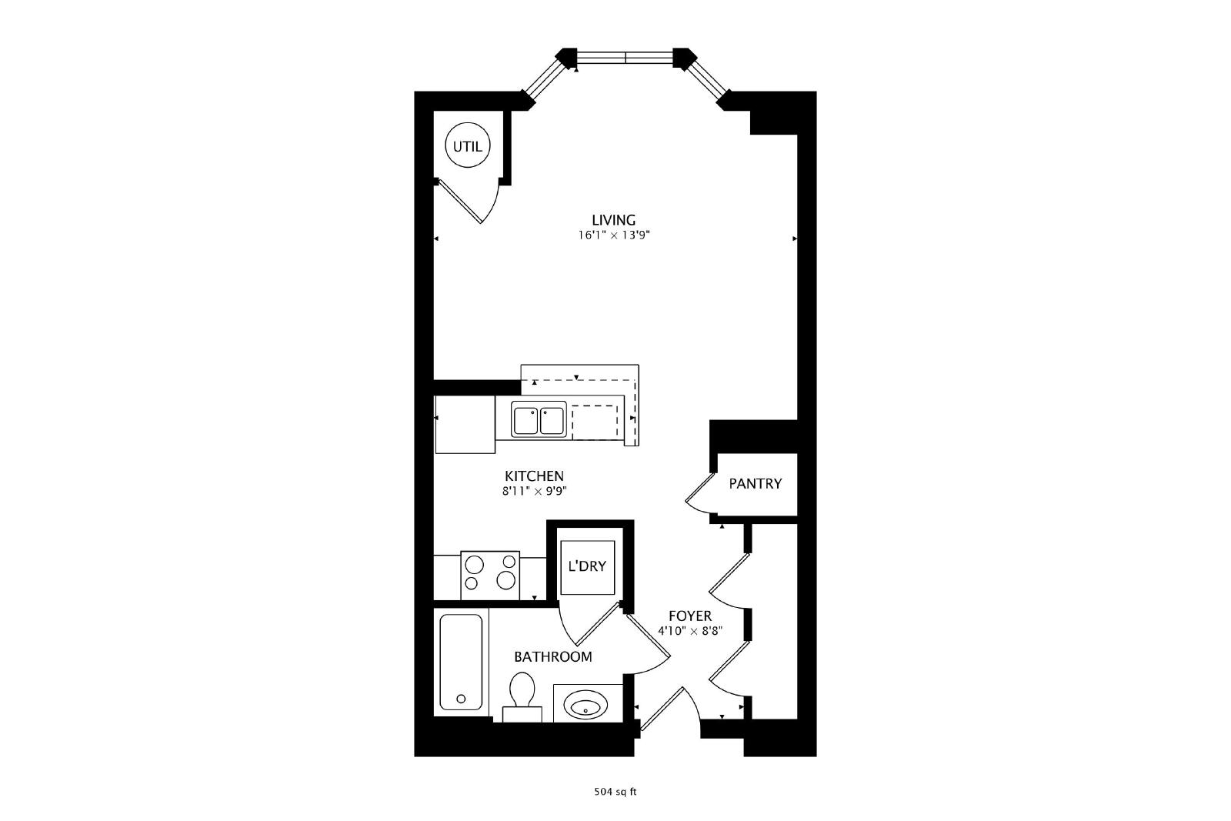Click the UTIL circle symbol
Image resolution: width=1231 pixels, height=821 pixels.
(x=467, y=145)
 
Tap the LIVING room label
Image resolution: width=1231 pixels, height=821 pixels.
(x=614, y=220)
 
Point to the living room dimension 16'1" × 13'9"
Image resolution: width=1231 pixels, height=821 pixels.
(x=614, y=235)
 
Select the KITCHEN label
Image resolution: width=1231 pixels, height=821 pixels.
(x=534, y=476)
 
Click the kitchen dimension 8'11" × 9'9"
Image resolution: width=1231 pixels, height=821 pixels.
(x=534, y=491)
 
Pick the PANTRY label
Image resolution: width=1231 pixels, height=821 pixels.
(x=755, y=483)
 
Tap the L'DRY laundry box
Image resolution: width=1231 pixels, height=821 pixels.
(x=587, y=567)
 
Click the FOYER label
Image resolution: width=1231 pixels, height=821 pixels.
(x=690, y=616)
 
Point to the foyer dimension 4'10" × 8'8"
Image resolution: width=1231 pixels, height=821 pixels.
(x=690, y=632)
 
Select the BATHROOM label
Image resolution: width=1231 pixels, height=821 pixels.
(x=553, y=656)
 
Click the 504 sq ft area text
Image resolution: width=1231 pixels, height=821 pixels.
(x=615, y=792)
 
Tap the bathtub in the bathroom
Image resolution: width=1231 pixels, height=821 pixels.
(x=461, y=662)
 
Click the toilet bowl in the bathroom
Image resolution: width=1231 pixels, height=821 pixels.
(x=522, y=689)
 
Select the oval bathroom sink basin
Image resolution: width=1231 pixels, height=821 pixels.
(x=585, y=705)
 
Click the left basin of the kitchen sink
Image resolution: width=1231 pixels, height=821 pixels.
(x=526, y=421)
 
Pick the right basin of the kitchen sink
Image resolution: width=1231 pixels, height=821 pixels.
(x=552, y=421)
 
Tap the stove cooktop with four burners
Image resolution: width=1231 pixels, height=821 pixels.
(x=489, y=576)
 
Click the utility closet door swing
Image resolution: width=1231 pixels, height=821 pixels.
(x=467, y=201)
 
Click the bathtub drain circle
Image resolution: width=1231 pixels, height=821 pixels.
(x=461, y=699)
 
